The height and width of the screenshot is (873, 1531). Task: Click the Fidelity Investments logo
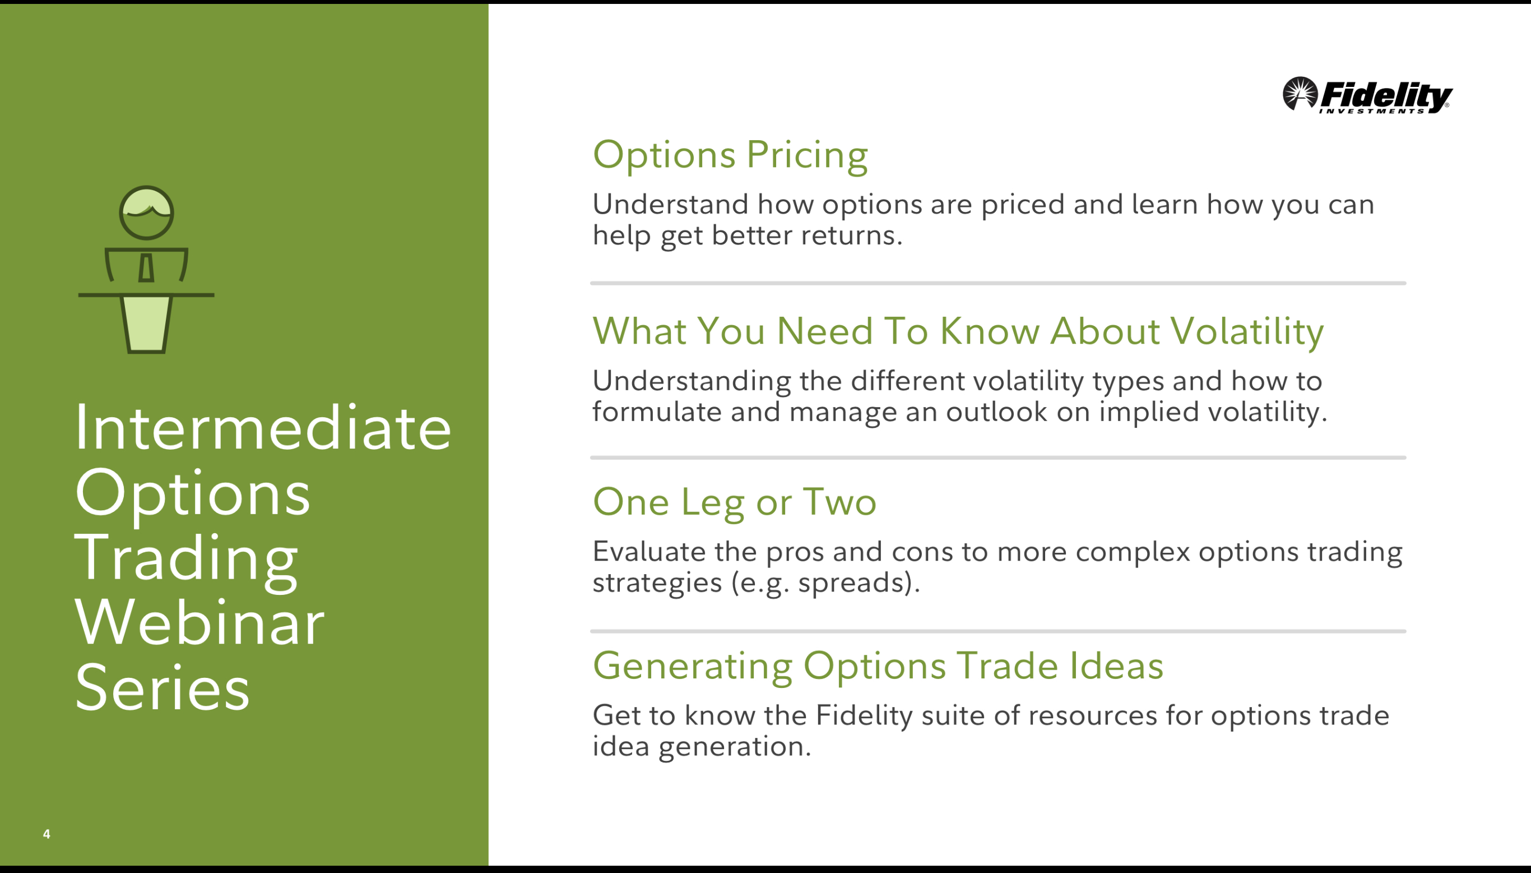pyautogui.click(x=1367, y=95)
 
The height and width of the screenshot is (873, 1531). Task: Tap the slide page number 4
pyautogui.click(x=47, y=834)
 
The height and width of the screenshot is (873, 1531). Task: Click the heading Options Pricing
pyautogui.click(x=730, y=155)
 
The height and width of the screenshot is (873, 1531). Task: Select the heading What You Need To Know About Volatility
pyautogui.click(x=958, y=331)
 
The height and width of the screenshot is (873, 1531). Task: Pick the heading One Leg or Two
pyautogui.click(x=734, y=502)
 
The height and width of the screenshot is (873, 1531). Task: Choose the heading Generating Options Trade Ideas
pyautogui.click(x=878, y=666)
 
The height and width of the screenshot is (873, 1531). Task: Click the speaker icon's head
pyautogui.click(x=146, y=213)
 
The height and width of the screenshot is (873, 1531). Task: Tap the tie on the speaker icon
pyautogui.click(x=146, y=267)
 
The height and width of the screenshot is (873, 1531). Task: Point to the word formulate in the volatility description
pyautogui.click(x=657, y=412)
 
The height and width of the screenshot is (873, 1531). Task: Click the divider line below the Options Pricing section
pyautogui.click(x=998, y=283)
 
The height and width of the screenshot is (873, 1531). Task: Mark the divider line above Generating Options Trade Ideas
pyautogui.click(x=998, y=631)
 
